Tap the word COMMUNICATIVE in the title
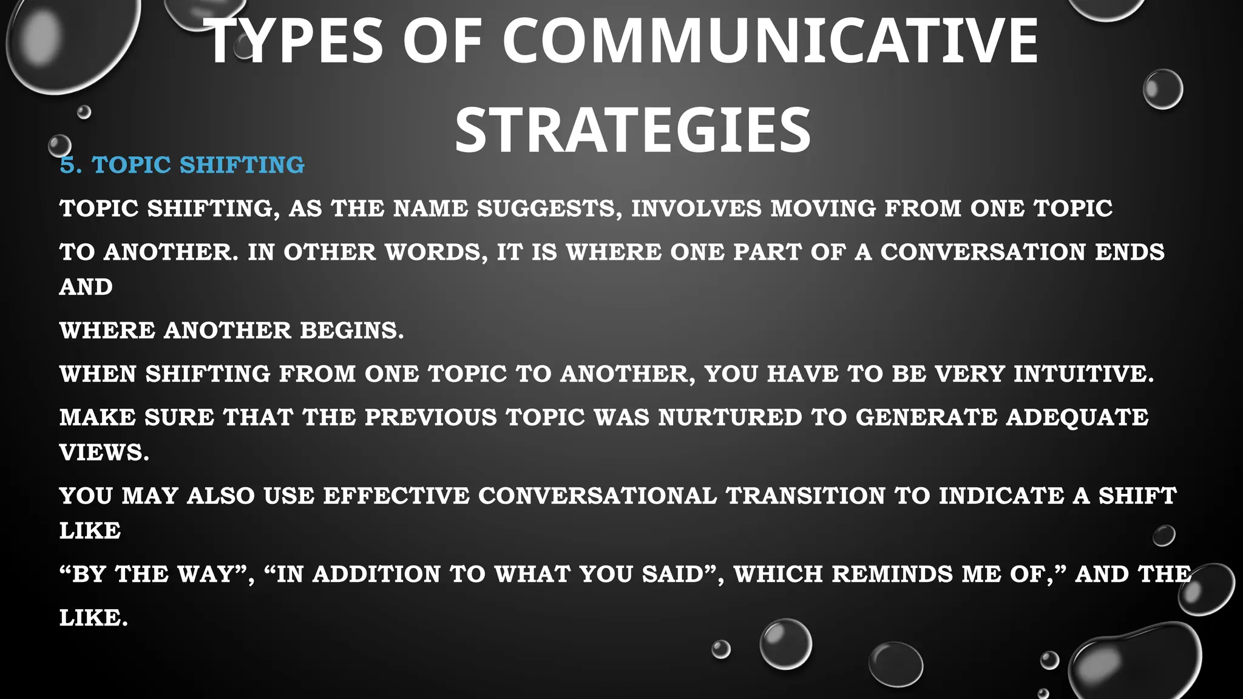pos(770,41)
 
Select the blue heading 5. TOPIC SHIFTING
pos(182,165)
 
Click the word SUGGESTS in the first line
pos(549,209)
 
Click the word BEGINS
pos(351,331)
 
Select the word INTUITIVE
pos(1083,374)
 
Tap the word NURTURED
pos(730,417)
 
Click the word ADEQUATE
pos(1077,417)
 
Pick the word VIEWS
pos(103,453)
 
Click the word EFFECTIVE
pos(396,496)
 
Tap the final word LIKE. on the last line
pos(93,618)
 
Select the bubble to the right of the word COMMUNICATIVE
pos(1162,89)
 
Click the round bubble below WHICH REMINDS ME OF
pos(785,643)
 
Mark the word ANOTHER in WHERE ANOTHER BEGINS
pos(227,331)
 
